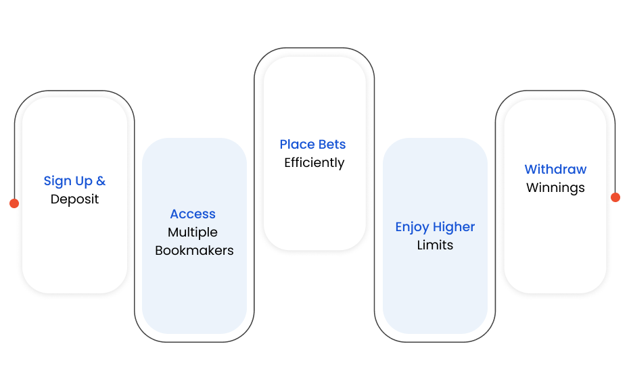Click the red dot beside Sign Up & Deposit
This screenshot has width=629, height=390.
14,203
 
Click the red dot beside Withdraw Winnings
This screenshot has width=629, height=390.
615,197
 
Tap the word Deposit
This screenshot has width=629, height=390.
74,199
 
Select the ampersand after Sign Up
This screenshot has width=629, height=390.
101,180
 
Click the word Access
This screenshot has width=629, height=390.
193,214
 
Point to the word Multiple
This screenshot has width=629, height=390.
193,233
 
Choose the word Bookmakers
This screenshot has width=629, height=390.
194,251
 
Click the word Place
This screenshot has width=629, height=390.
297,144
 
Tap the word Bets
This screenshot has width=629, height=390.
332,144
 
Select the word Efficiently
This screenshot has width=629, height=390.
314,163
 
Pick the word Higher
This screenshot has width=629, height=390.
454,227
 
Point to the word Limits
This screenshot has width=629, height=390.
436,245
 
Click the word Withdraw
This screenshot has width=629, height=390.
555,169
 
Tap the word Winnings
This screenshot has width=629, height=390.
555,188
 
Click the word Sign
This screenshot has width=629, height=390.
57,181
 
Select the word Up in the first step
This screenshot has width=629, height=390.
84,182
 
